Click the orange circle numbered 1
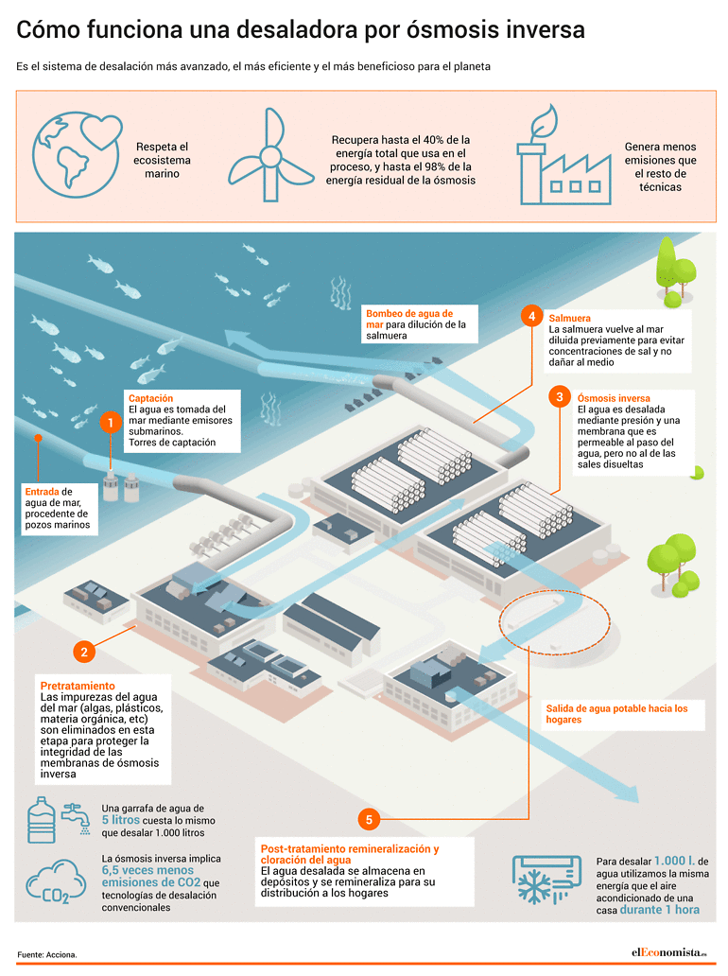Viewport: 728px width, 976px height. (x=111, y=424)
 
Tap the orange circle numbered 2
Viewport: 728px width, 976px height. (x=84, y=652)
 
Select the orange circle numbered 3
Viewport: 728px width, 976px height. (x=560, y=397)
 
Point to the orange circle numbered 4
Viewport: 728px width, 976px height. (x=532, y=316)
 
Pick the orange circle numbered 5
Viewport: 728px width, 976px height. (x=369, y=820)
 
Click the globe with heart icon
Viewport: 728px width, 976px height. (x=77, y=155)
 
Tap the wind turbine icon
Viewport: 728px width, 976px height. (x=270, y=156)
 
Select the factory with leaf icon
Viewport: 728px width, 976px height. (x=564, y=155)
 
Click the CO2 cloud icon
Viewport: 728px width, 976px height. (x=56, y=881)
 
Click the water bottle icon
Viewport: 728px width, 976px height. (x=42, y=820)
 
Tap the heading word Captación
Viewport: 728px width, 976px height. (x=150, y=398)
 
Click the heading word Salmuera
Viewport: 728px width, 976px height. (x=569, y=318)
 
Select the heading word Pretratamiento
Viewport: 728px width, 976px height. (x=78, y=686)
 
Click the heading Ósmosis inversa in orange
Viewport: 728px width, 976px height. (x=614, y=398)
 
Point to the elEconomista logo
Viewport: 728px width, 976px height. (x=668, y=952)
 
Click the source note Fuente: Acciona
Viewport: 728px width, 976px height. (x=47, y=954)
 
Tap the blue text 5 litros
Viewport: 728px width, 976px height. (x=121, y=820)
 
